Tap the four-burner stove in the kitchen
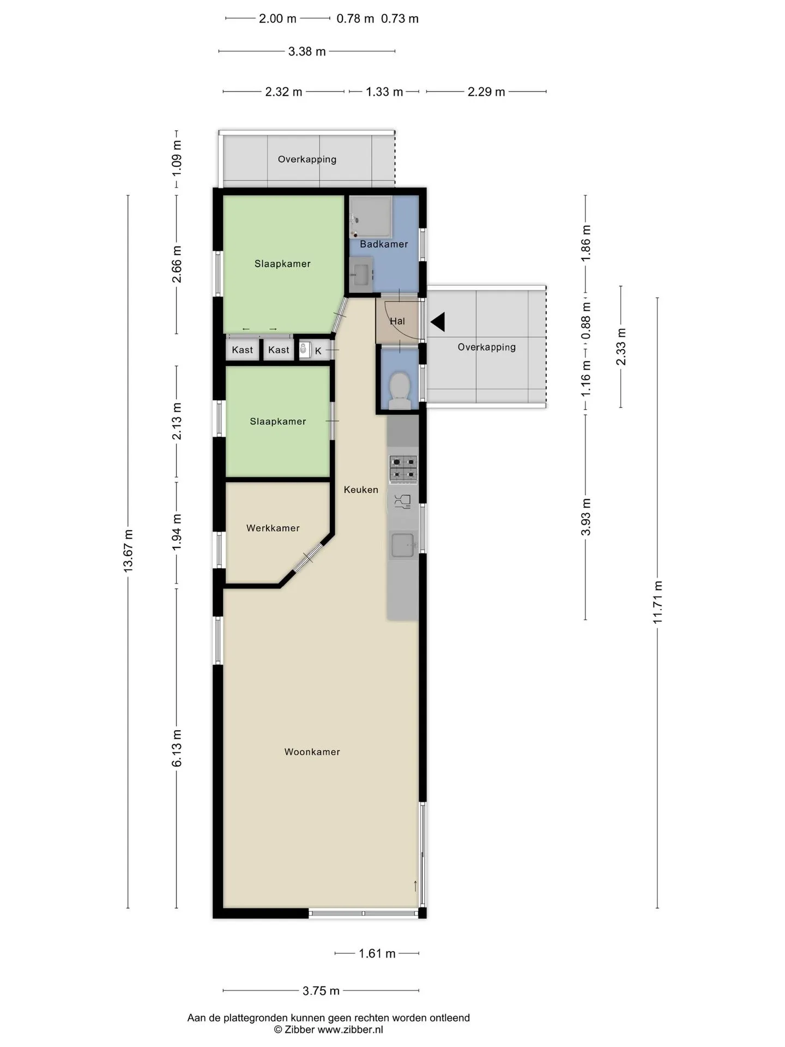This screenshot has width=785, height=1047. pyautogui.click(x=403, y=469)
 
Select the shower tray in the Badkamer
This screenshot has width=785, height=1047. pyautogui.click(x=371, y=217)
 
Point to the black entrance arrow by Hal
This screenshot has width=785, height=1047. pyautogui.click(x=438, y=322)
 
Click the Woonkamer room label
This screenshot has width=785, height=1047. pyautogui.click(x=312, y=752)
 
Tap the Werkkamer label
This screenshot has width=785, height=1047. pyautogui.click(x=273, y=528)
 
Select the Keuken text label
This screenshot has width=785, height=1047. pyautogui.click(x=361, y=490)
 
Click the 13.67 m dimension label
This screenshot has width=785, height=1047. pyautogui.click(x=128, y=551)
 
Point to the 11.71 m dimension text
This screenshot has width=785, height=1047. pyautogui.click(x=657, y=602)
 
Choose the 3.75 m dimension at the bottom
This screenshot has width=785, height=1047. pyautogui.click(x=321, y=991)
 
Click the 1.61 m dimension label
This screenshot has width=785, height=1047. pyautogui.click(x=377, y=954)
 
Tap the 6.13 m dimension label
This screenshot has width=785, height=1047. pyautogui.click(x=177, y=748)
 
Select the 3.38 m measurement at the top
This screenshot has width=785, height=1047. pyautogui.click(x=307, y=51)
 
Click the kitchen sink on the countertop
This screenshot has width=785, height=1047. pyautogui.click(x=403, y=545)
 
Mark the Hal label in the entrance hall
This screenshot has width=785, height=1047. pyautogui.click(x=397, y=321)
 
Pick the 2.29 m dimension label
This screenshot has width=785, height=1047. pyautogui.click(x=486, y=92)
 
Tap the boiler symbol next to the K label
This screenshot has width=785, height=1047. pyautogui.click(x=304, y=349)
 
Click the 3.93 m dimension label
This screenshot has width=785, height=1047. pyautogui.click(x=586, y=516)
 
